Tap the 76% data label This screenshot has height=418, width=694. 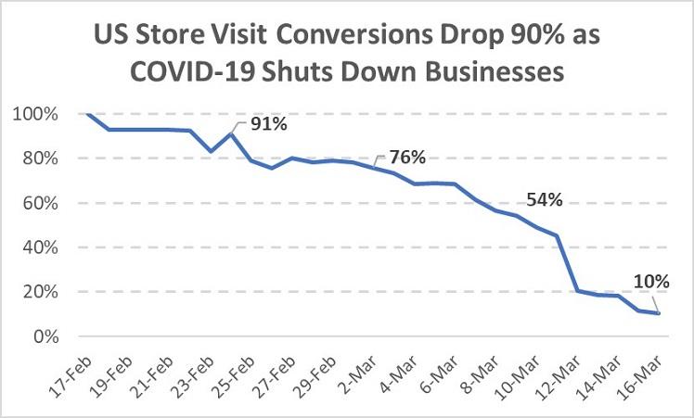click(x=407, y=157)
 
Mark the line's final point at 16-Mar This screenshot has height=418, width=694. click(x=658, y=313)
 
